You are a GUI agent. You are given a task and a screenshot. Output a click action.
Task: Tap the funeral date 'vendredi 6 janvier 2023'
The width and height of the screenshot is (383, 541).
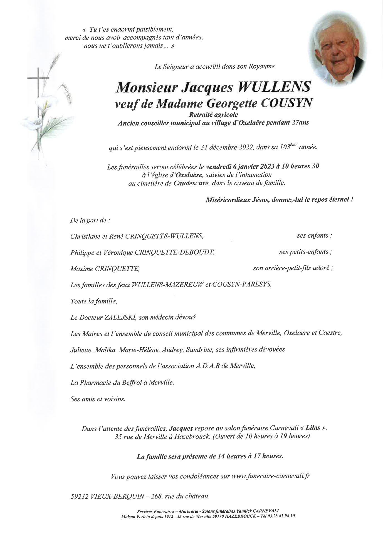(236, 167)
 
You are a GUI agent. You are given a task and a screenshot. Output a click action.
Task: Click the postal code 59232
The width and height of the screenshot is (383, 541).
(79, 496)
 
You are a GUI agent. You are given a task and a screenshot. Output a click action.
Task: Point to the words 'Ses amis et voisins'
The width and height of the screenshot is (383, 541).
(98, 399)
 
